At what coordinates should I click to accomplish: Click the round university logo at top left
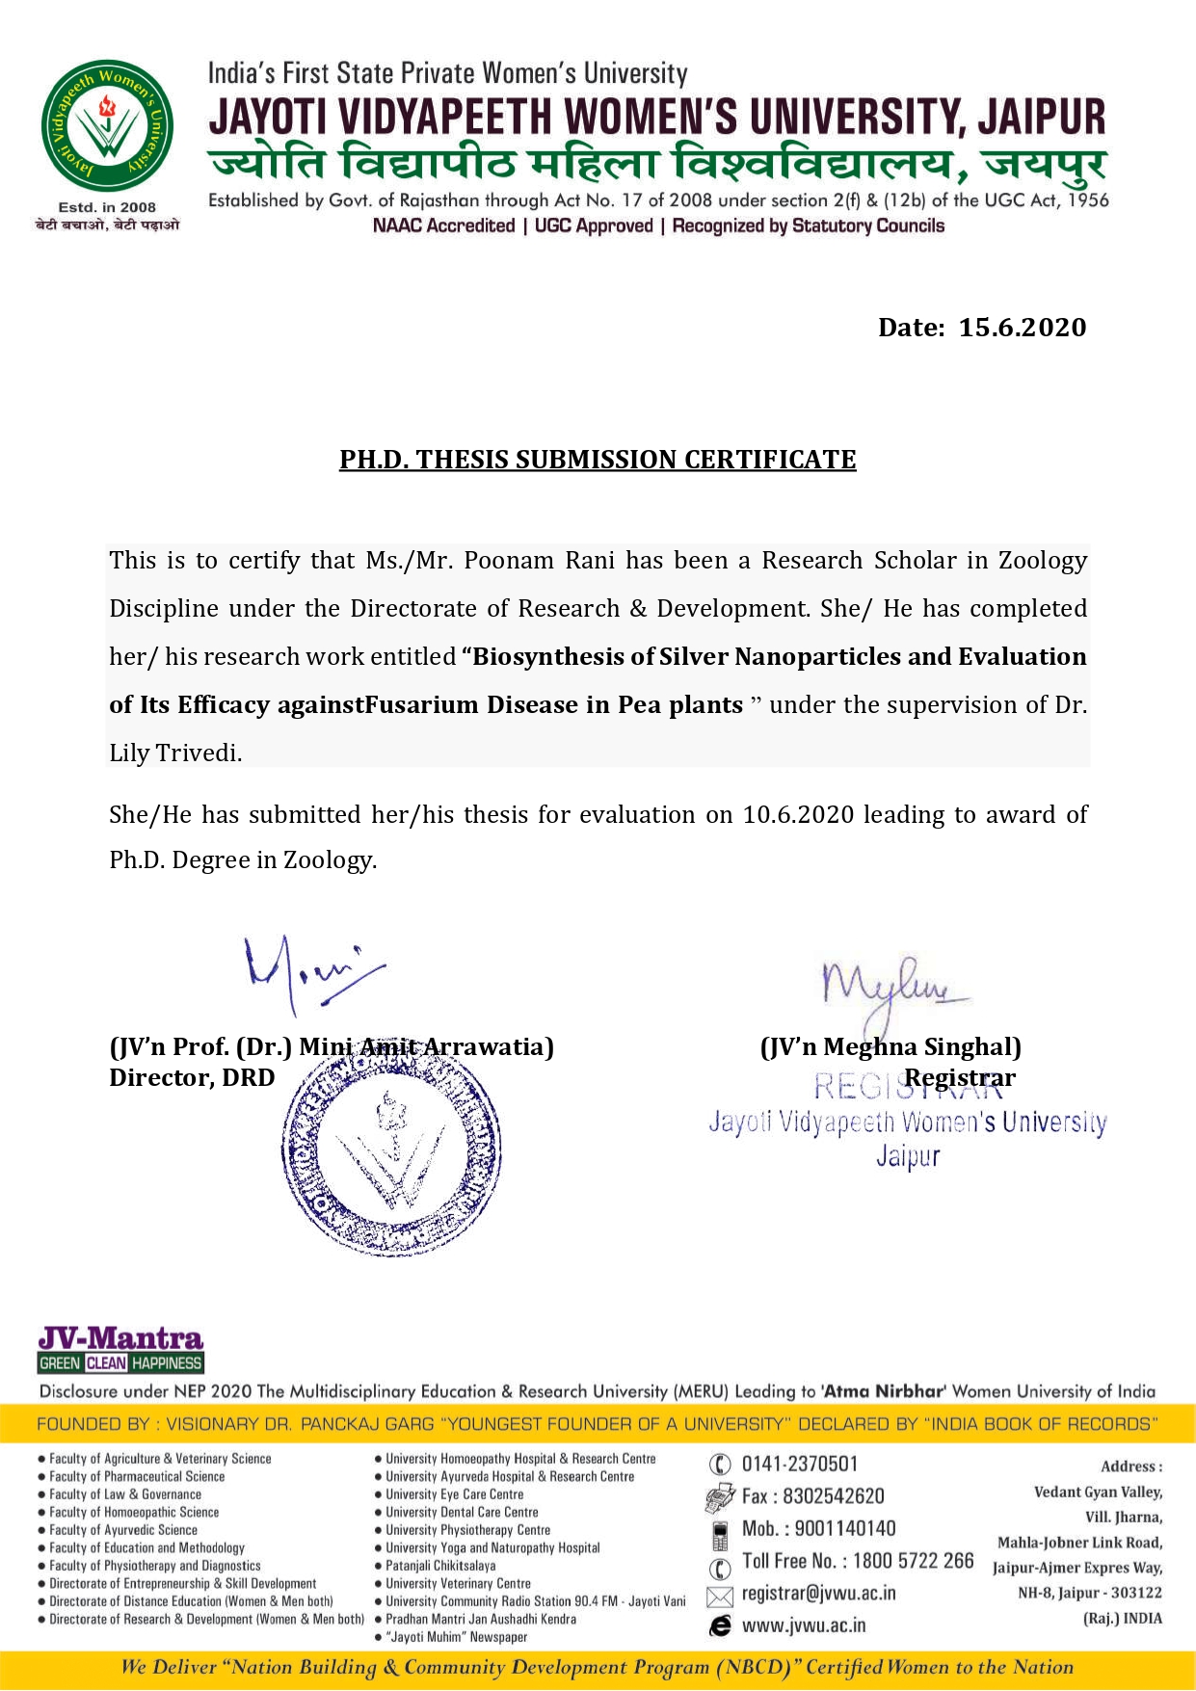(107, 126)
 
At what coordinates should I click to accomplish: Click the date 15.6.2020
(1022, 328)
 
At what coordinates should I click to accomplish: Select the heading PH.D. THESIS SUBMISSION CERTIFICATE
(598, 460)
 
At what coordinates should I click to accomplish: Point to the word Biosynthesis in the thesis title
(549, 657)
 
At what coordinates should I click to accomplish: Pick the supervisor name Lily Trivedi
(174, 753)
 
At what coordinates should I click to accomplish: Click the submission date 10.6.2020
(798, 815)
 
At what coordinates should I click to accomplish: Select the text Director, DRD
(192, 1077)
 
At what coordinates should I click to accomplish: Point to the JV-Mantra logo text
(120, 1338)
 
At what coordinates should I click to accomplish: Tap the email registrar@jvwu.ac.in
(818, 1593)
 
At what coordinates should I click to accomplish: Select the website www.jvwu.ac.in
(803, 1625)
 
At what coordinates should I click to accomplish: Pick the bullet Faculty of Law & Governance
(125, 1494)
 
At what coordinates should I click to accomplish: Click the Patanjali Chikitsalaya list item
(440, 1566)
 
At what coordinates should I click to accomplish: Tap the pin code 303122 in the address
(1136, 1593)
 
